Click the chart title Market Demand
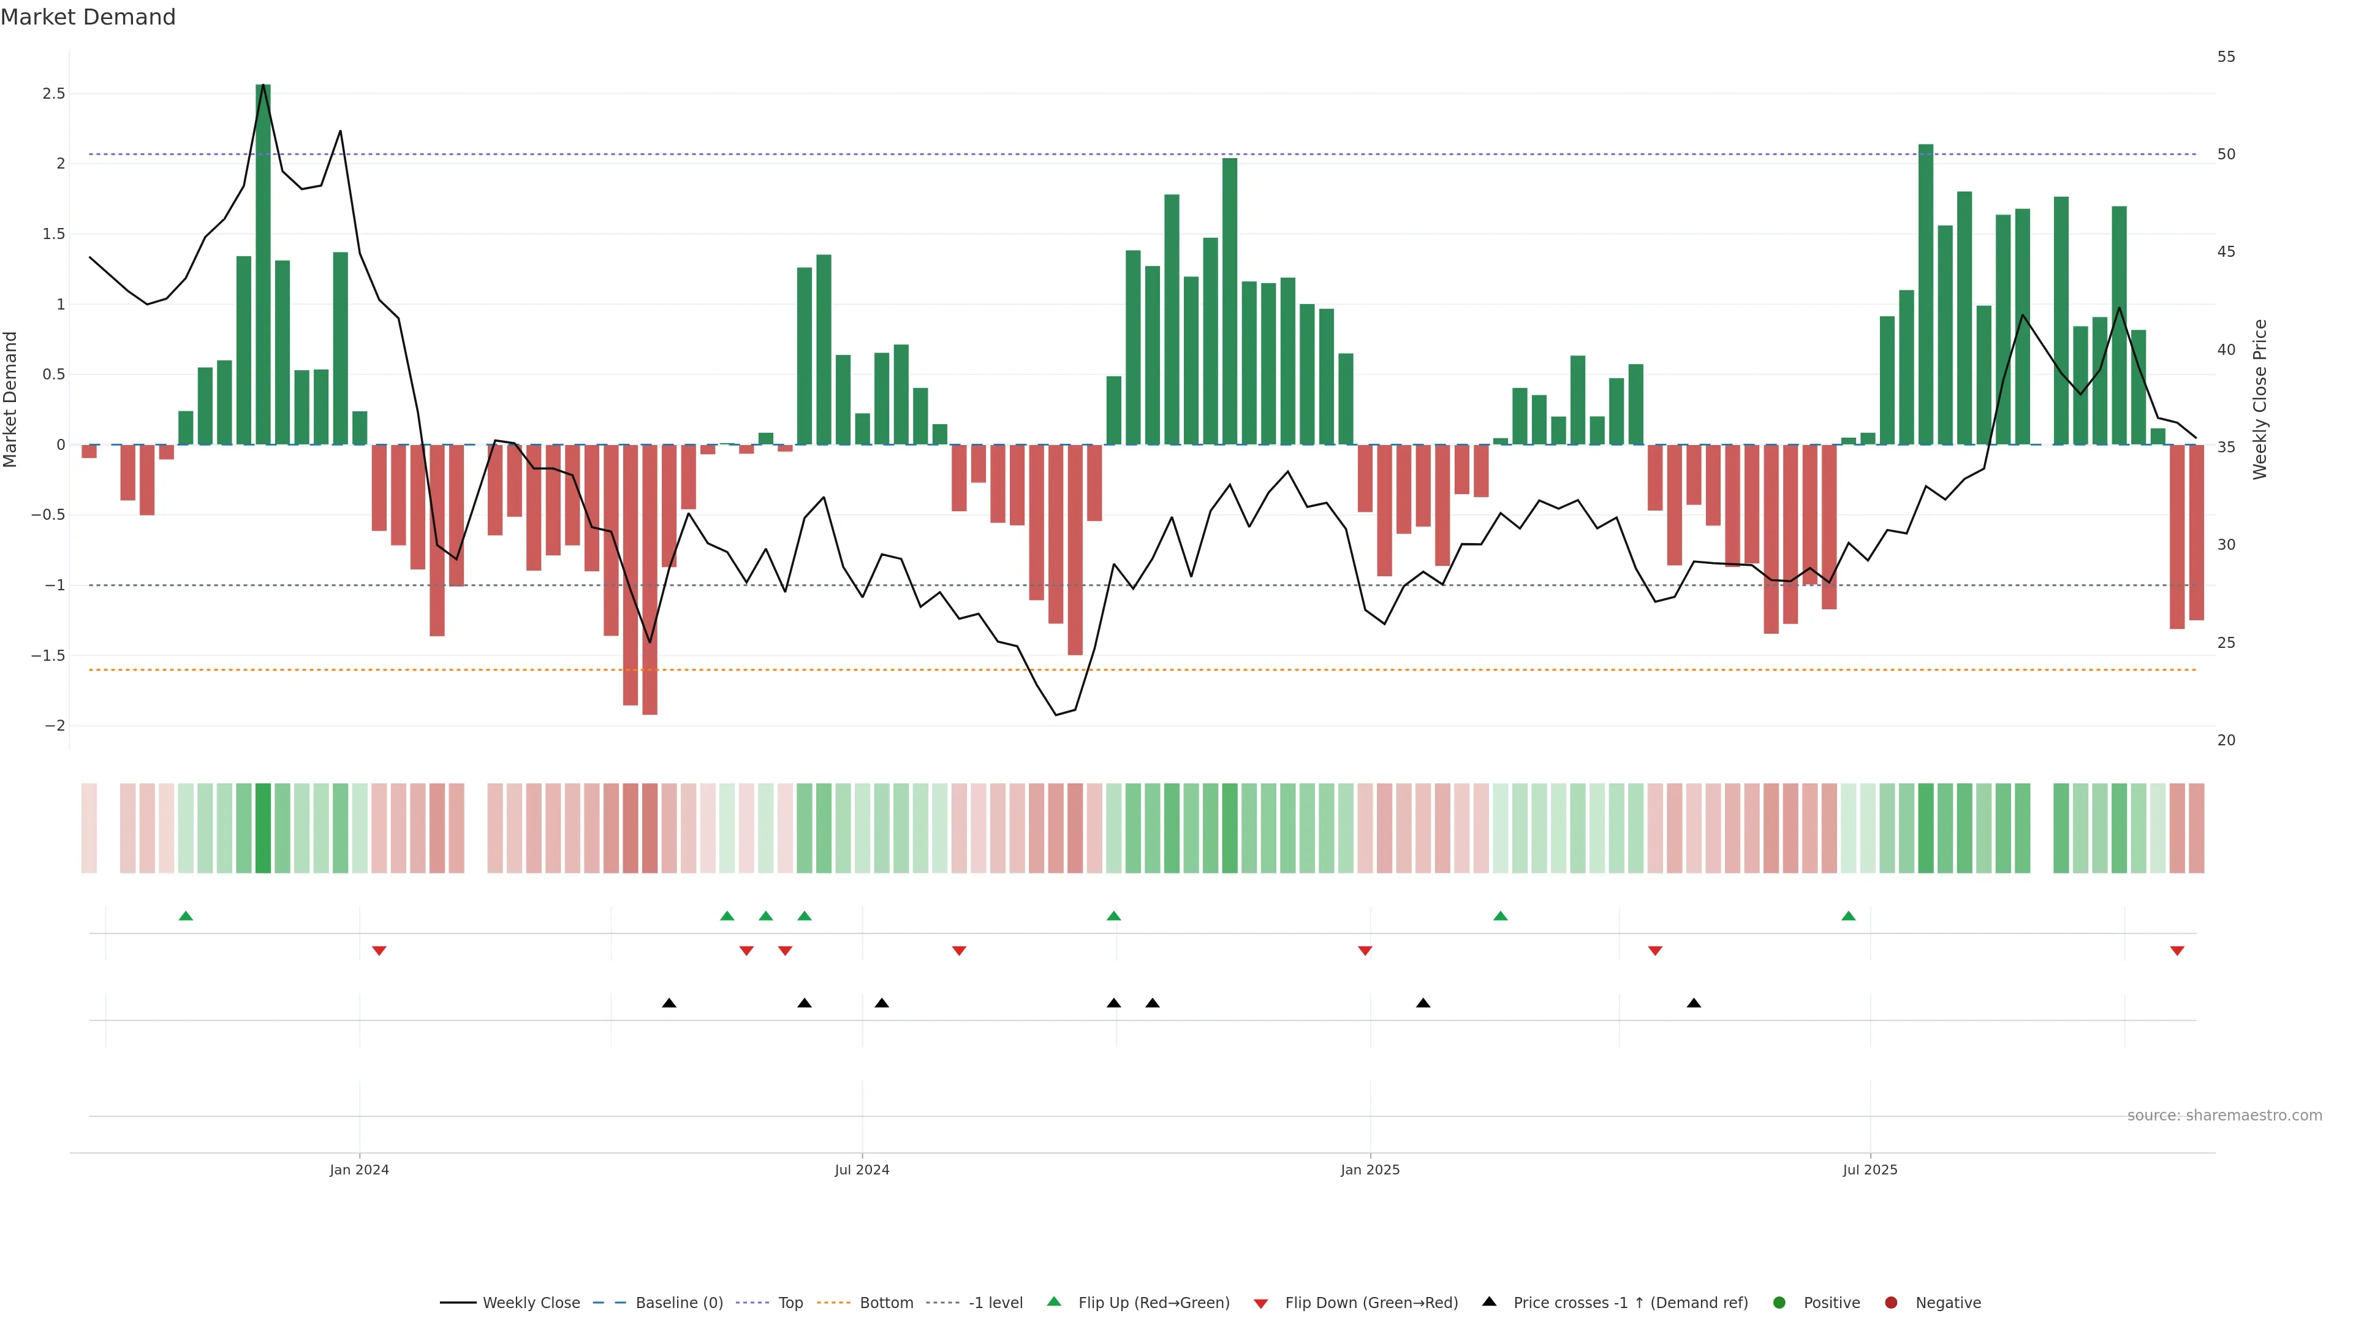click(88, 17)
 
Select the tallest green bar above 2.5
click(263, 265)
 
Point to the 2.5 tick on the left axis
click(54, 93)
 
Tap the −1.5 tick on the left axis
click(48, 656)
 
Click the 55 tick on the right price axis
click(2226, 56)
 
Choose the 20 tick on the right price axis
click(2226, 740)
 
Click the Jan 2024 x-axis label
click(359, 1170)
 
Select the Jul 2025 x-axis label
click(1869, 1170)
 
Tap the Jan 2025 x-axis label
click(1370, 1170)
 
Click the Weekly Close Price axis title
click(2260, 399)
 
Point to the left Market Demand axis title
click(11, 399)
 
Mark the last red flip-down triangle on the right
click(2177, 951)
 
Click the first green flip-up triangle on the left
click(186, 916)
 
